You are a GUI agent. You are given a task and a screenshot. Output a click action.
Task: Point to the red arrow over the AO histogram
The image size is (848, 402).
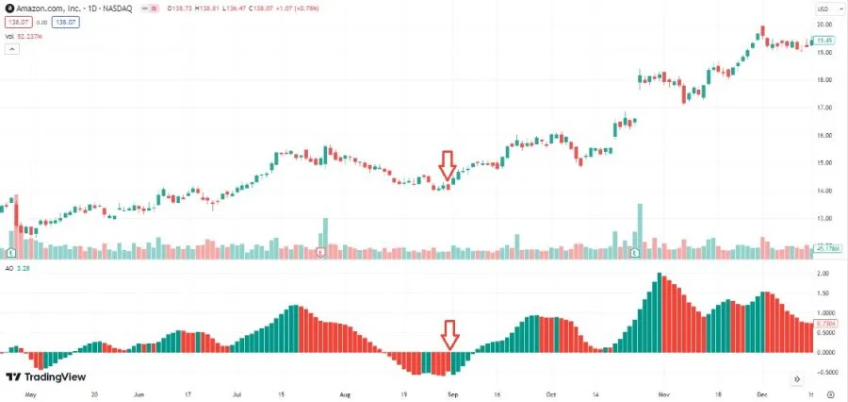(450, 334)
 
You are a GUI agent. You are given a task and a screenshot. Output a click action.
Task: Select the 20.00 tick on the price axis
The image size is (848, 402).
(824, 25)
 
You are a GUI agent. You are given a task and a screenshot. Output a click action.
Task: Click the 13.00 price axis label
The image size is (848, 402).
(824, 219)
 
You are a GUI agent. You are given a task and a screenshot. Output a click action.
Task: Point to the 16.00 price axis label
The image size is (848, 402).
(824, 136)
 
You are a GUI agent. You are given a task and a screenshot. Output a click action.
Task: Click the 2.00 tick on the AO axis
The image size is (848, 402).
(824, 273)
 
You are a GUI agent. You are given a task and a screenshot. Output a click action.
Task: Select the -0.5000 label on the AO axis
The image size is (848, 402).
(824, 372)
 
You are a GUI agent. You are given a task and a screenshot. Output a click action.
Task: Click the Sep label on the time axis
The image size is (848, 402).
(452, 395)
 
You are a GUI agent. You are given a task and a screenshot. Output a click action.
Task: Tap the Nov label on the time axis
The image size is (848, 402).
(663, 395)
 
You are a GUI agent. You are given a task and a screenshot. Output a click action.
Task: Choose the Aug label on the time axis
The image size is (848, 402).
(344, 395)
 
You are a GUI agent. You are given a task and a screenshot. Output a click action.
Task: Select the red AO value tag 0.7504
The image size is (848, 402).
(824, 323)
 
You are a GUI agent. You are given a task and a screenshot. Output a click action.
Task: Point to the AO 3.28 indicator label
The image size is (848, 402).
(17, 268)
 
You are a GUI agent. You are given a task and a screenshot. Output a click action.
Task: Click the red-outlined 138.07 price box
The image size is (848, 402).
(16, 21)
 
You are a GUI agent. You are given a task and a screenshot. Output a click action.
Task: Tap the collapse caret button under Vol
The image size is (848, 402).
(12, 49)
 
